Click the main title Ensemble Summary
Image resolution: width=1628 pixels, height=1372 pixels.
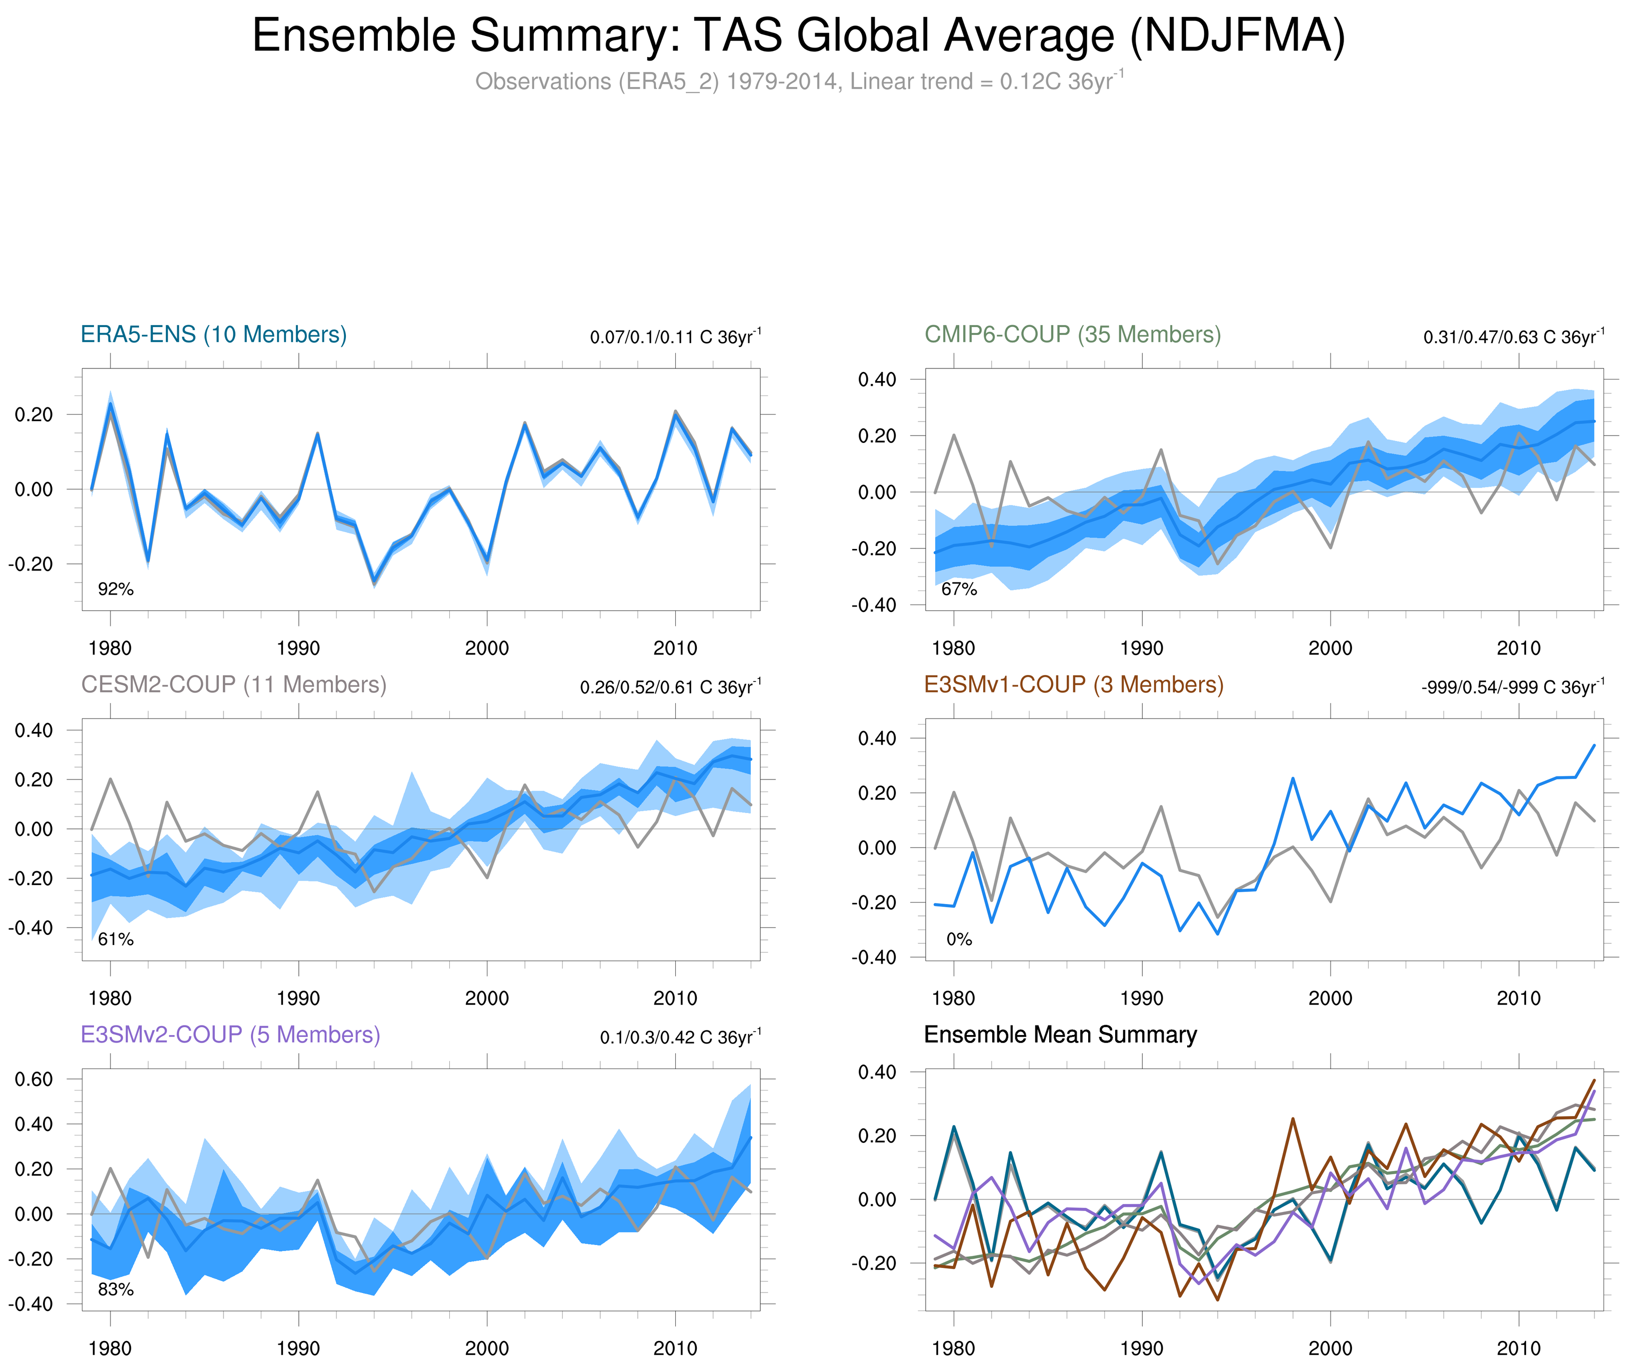pos(798,36)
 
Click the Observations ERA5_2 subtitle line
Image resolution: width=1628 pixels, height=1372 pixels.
pos(798,81)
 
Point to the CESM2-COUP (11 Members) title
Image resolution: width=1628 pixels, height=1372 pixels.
pos(233,684)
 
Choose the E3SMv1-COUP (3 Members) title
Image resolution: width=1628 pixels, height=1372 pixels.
pos(1073,684)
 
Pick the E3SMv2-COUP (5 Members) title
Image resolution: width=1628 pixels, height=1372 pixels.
pos(230,1034)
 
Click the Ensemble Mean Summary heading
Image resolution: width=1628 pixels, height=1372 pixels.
pos(1060,1034)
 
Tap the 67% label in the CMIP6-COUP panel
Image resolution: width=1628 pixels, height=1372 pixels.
pos(959,589)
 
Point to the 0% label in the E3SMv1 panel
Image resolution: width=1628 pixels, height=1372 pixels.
pos(959,939)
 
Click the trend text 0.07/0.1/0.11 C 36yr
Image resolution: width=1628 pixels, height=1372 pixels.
pos(675,337)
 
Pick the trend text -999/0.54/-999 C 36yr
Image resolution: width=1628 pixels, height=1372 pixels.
pos(1512,687)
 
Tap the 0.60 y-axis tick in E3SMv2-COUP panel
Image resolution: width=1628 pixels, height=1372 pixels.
pos(33,1079)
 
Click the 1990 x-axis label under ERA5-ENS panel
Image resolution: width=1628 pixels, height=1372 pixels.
pos(298,648)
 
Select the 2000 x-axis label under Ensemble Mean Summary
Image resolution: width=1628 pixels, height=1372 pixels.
pos(1330,1348)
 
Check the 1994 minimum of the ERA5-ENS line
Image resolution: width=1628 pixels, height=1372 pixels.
pos(374,582)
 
